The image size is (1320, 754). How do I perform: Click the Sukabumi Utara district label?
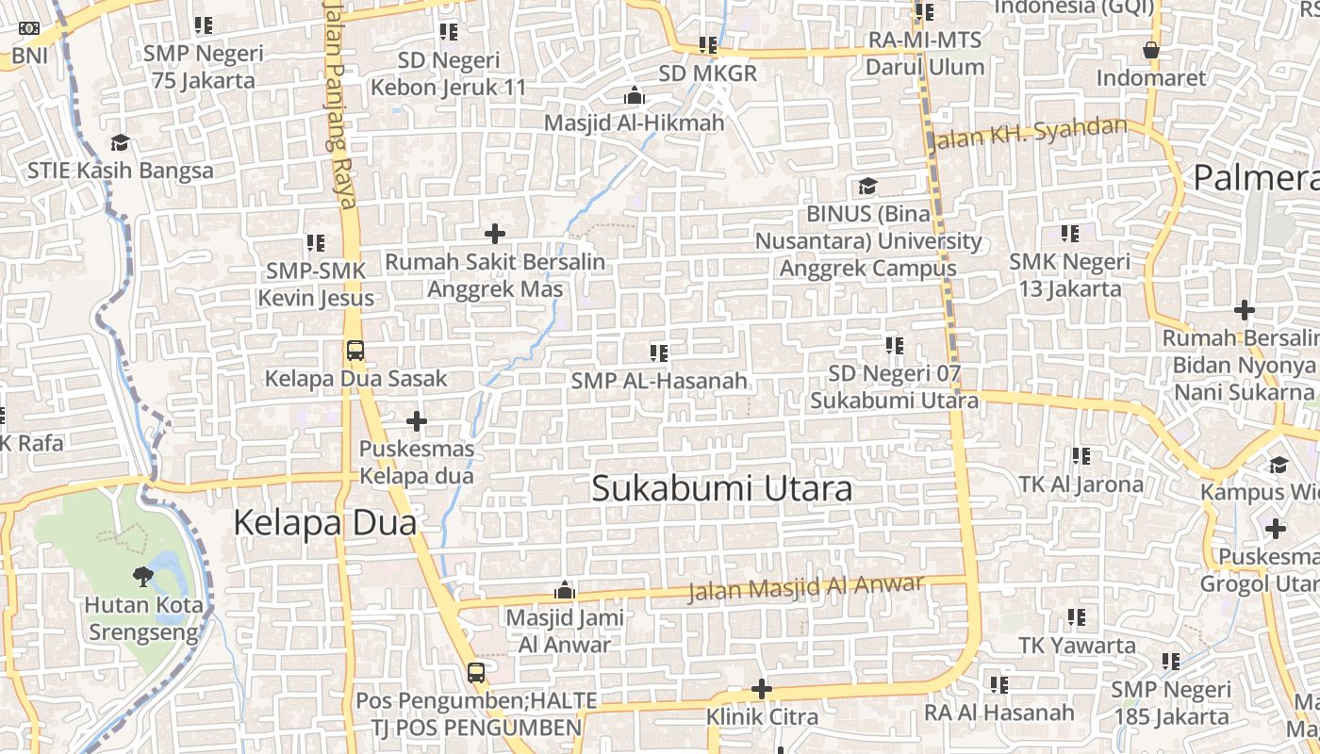721,488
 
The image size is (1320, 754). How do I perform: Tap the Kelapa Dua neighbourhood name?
324,522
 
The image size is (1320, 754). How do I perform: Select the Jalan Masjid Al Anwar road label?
806,588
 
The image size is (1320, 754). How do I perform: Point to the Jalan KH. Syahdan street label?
1028,135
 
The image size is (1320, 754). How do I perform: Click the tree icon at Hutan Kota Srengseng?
143,575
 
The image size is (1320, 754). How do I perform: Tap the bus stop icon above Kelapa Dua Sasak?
355,351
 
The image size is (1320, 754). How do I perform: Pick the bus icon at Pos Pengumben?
476,673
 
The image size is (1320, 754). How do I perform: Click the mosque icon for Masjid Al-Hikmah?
635,96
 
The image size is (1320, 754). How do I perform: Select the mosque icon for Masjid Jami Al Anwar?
565,591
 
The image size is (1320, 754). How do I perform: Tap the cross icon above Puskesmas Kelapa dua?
417,421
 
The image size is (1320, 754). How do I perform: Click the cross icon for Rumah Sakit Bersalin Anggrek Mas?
495,234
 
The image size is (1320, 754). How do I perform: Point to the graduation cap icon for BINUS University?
867,187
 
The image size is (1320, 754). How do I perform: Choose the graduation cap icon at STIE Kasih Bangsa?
120,143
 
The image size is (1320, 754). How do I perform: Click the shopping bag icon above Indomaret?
1150,50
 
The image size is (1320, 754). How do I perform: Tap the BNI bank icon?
29,28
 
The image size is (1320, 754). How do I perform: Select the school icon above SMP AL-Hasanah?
659,353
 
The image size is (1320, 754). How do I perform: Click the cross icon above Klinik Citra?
762,690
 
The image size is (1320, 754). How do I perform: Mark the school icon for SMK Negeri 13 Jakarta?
1070,233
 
